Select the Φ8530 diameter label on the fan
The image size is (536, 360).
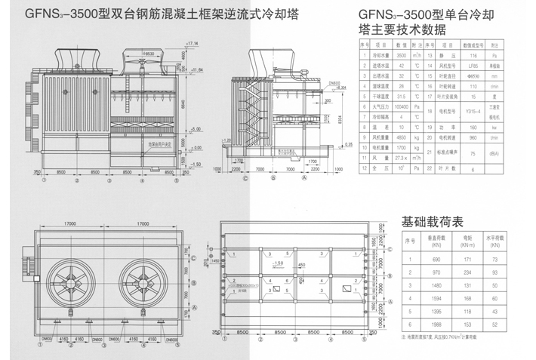[150, 54]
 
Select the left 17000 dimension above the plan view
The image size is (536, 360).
[73, 223]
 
